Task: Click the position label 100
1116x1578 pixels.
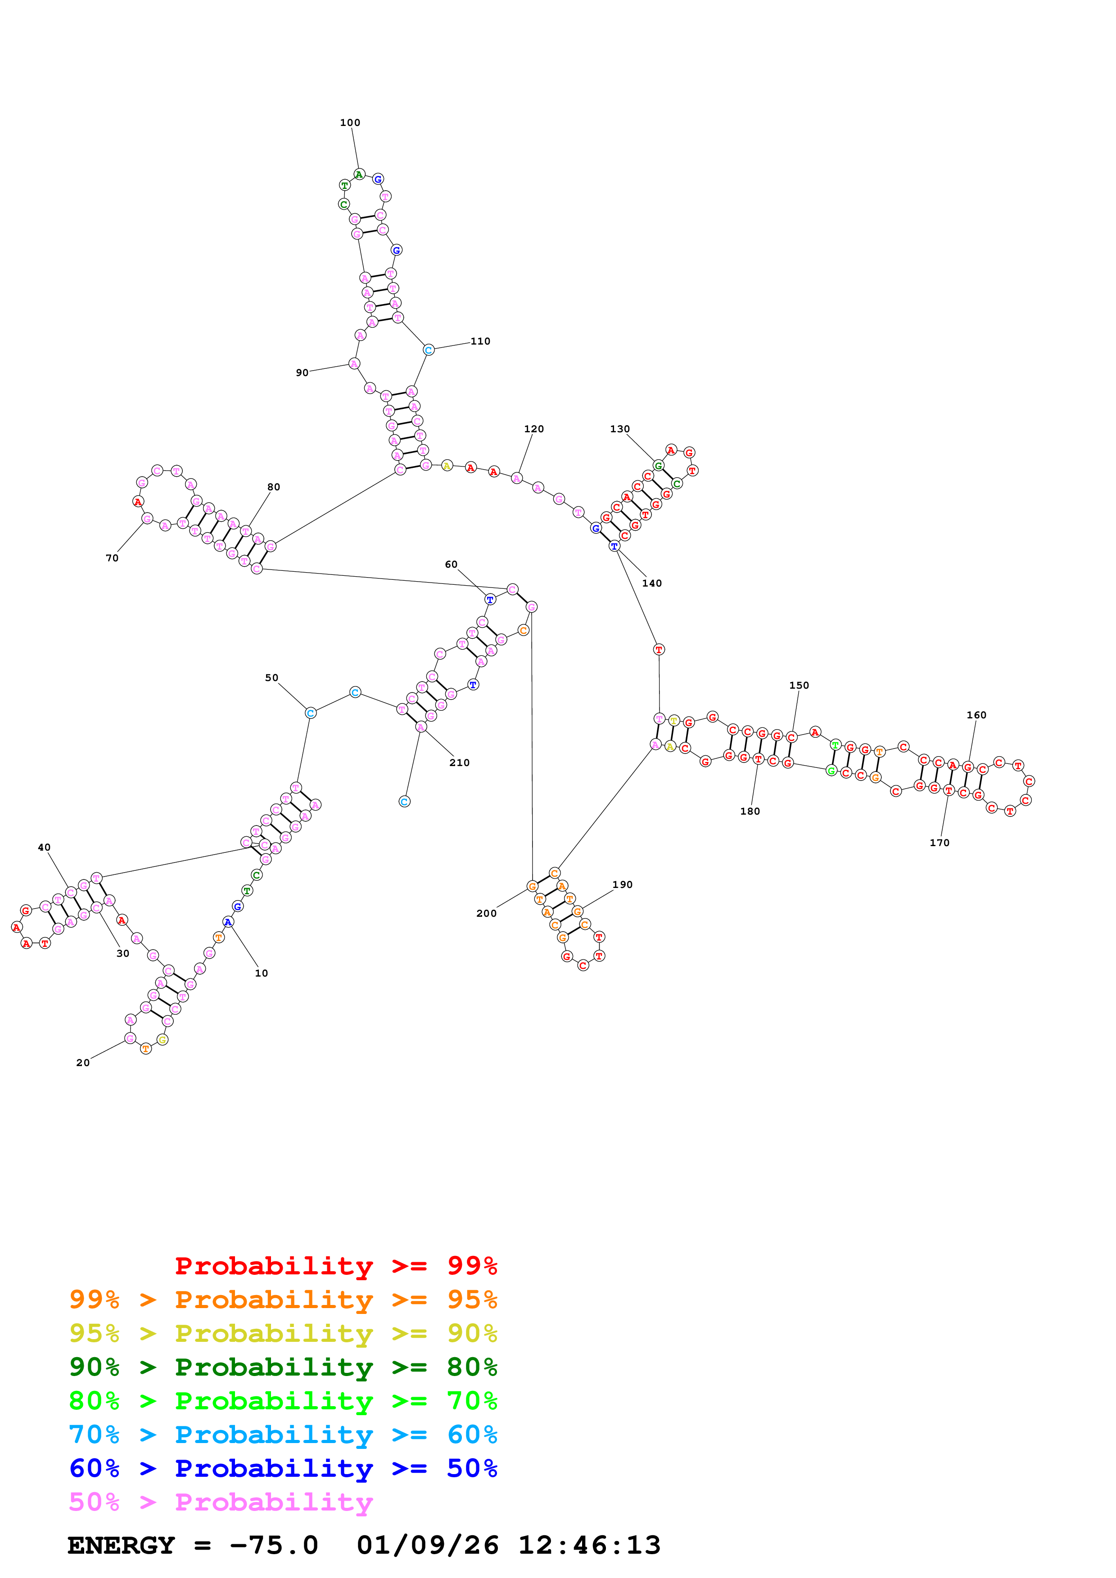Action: tap(350, 123)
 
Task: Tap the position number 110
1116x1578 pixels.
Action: tap(480, 341)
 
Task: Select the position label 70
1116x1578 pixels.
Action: tap(112, 559)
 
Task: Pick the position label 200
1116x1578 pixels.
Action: tap(486, 914)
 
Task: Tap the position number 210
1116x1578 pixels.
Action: tap(459, 763)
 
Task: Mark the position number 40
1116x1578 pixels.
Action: tap(44, 848)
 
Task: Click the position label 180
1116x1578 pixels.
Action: tap(750, 811)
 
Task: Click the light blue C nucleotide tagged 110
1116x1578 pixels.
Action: tap(429, 350)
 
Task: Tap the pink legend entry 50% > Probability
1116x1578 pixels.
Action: tap(221, 1502)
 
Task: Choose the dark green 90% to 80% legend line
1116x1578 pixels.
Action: tap(283, 1367)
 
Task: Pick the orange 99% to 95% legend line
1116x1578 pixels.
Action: tap(283, 1300)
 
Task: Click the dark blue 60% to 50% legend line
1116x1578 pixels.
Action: tap(283, 1469)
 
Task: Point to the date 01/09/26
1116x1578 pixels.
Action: tap(427, 1546)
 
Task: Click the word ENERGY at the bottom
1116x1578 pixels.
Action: tap(121, 1546)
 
